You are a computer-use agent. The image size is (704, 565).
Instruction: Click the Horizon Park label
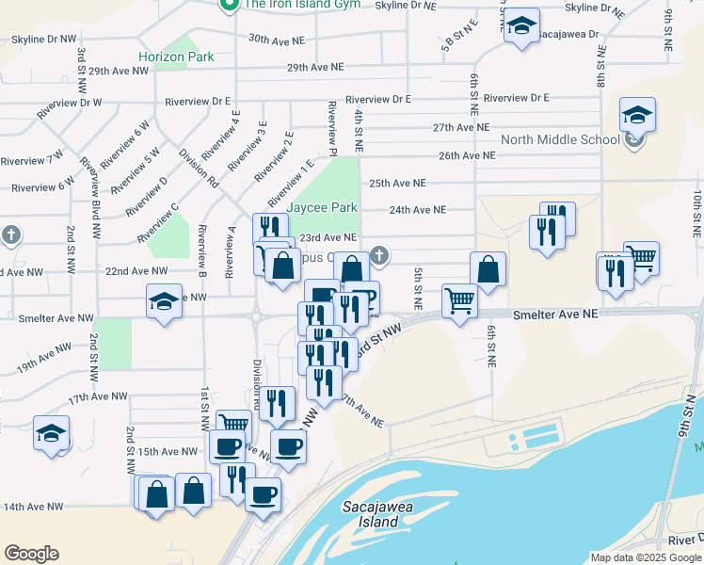pyautogui.click(x=176, y=56)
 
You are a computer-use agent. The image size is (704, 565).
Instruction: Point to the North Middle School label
pyautogui.click(x=560, y=140)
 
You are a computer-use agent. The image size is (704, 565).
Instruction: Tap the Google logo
pyautogui.click(x=31, y=554)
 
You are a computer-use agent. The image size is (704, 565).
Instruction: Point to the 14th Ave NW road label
pyautogui.click(x=33, y=507)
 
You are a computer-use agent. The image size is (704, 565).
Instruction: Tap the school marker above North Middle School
pyautogui.click(x=637, y=116)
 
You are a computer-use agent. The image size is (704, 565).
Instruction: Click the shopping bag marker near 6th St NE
pyautogui.click(x=488, y=270)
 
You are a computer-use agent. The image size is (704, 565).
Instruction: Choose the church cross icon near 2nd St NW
pyautogui.click(x=10, y=234)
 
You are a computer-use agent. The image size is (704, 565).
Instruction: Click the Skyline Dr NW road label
pyautogui.click(x=43, y=40)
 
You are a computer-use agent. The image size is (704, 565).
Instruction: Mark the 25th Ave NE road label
pyautogui.click(x=397, y=183)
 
